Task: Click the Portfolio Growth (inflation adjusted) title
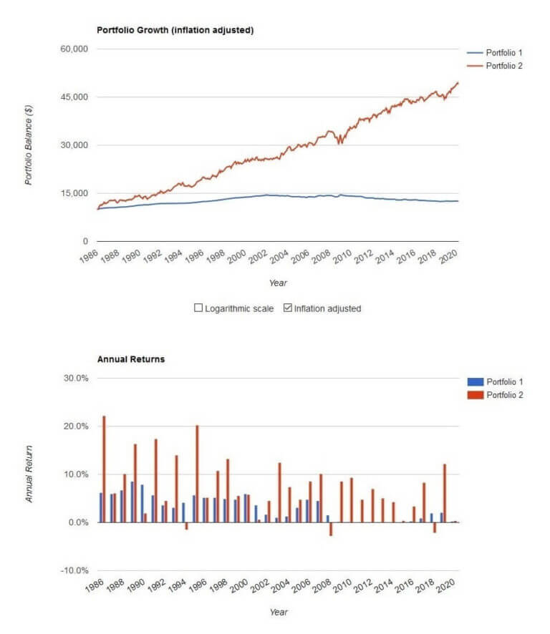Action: pyautogui.click(x=175, y=30)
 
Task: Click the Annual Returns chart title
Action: pyautogui.click(x=130, y=359)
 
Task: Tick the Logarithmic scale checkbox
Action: pyautogui.click(x=198, y=308)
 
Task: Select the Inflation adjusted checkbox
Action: pyautogui.click(x=288, y=308)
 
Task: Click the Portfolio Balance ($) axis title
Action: pyautogui.click(x=29, y=145)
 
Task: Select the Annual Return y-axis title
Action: pyautogui.click(x=29, y=474)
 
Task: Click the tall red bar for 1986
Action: pyautogui.click(x=104, y=469)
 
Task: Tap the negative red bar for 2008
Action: pyautogui.click(x=331, y=529)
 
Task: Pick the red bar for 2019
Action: pyautogui.click(x=445, y=493)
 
